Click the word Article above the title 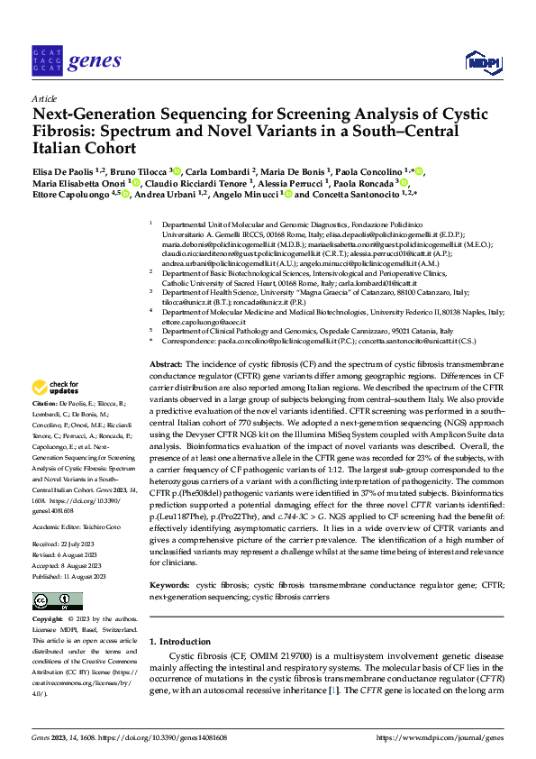pos(44,98)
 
